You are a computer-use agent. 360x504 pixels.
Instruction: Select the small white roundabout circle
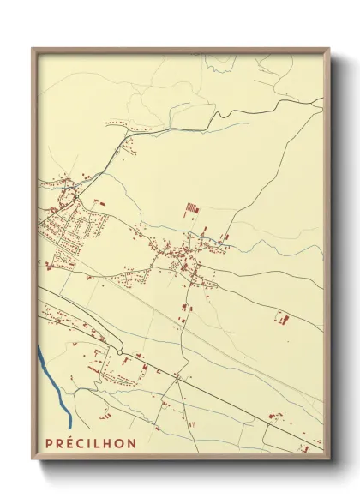(x=121, y=351)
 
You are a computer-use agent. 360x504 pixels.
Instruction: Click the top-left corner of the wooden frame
(x=33, y=49)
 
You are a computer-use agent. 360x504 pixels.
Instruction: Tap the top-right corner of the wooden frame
(x=327, y=49)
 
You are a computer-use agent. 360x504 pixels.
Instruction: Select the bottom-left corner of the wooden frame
(x=33, y=458)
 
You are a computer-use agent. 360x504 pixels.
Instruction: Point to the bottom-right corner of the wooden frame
(x=327, y=458)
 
